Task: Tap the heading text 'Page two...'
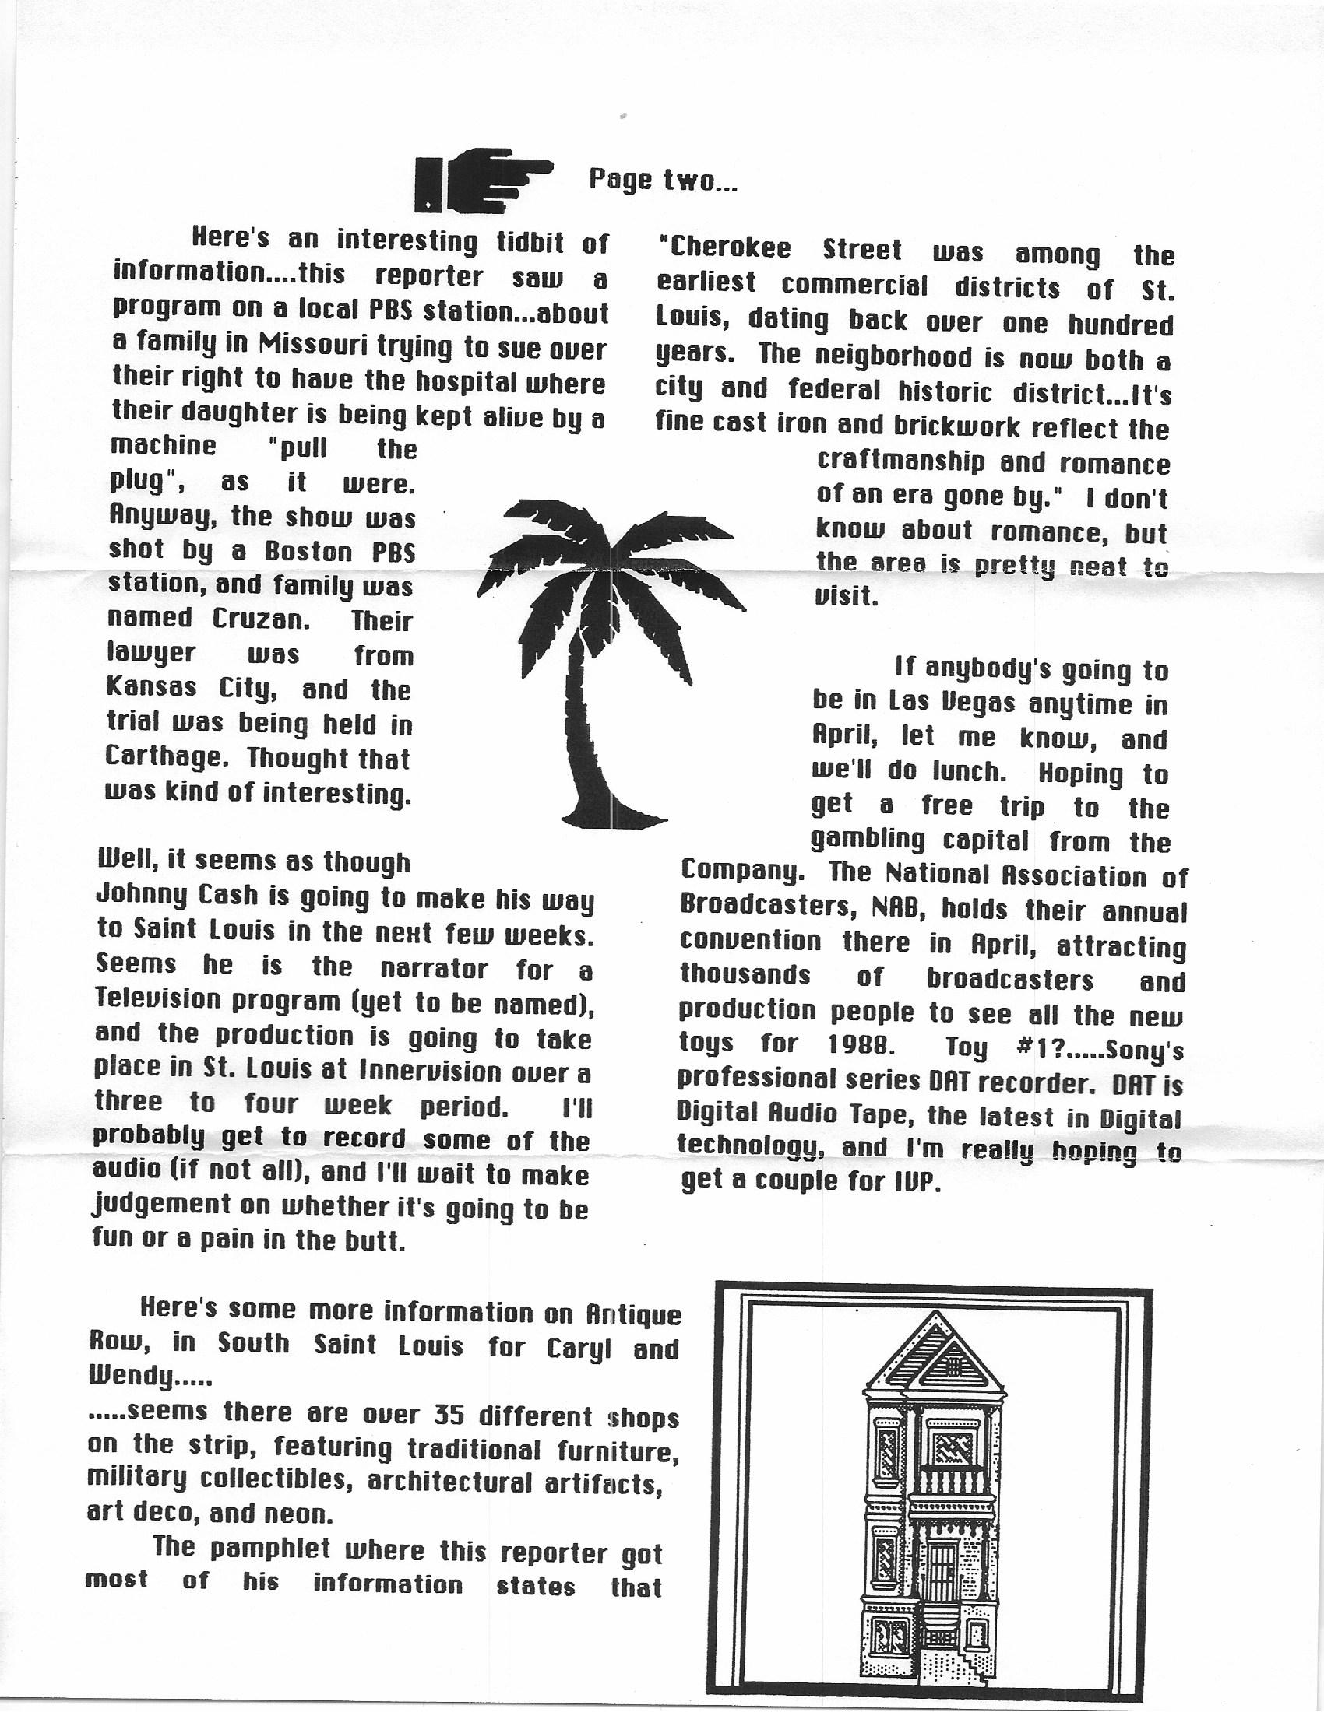tap(663, 181)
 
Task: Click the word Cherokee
tap(724, 249)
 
